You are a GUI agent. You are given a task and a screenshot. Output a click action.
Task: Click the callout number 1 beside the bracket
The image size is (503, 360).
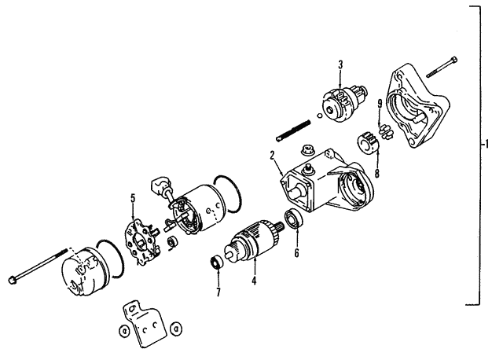coord(486,145)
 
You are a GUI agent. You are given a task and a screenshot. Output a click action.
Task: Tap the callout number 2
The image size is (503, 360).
coord(273,156)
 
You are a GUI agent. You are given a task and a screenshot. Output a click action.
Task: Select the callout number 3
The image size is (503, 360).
coord(340,64)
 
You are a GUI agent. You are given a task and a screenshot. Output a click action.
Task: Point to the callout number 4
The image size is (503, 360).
coord(254,281)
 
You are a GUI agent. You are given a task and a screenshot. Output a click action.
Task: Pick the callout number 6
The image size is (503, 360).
coord(297,253)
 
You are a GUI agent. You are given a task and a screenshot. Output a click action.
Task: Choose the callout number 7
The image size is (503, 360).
coord(218,292)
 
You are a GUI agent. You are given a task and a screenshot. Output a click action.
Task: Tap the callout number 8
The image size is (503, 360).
coord(377,173)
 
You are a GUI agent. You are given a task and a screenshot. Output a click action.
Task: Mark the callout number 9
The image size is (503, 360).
coord(380,104)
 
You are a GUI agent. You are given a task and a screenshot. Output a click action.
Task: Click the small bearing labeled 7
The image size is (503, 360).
coord(217,262)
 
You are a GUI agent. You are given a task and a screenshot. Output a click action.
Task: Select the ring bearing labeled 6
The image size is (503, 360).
coord(293,219)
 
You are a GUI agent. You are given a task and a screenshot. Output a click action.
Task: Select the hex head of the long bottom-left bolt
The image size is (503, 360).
coord(12,279)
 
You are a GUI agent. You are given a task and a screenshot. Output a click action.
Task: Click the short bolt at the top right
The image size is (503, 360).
coord(442,68)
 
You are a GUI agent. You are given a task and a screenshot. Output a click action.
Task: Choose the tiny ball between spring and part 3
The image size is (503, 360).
coord(320,116)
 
